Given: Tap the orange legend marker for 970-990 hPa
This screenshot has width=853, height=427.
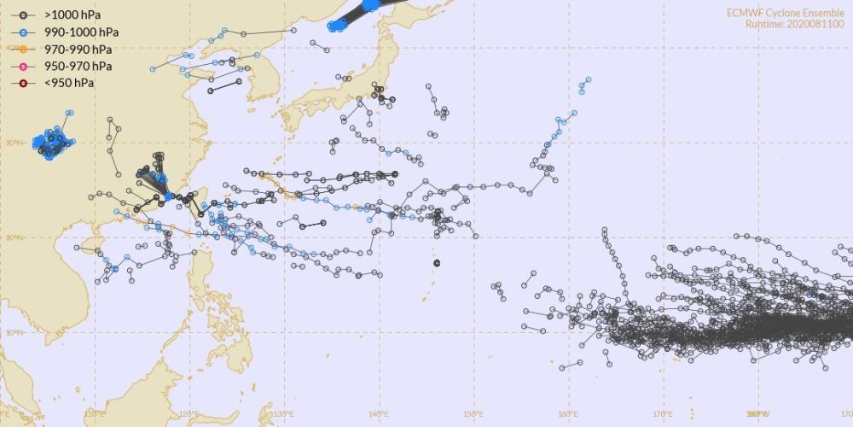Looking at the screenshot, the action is point(27,49).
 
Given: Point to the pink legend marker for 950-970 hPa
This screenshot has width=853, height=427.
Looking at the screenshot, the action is point(27,66).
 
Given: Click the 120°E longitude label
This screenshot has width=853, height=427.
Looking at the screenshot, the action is point(189,415).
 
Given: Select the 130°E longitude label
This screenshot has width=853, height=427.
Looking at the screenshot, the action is point(284,415).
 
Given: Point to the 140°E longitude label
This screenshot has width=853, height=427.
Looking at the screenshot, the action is point(379,415).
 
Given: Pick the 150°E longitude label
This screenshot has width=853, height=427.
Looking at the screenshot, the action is point(473,415).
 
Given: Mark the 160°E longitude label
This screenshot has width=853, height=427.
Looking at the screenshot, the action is point(568,415).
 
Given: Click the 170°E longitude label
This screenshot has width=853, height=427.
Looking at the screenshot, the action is point(663,415).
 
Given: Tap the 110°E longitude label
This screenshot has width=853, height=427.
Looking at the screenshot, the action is point(95,415).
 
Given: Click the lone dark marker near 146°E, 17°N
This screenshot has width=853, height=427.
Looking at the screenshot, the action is point(437,263).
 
